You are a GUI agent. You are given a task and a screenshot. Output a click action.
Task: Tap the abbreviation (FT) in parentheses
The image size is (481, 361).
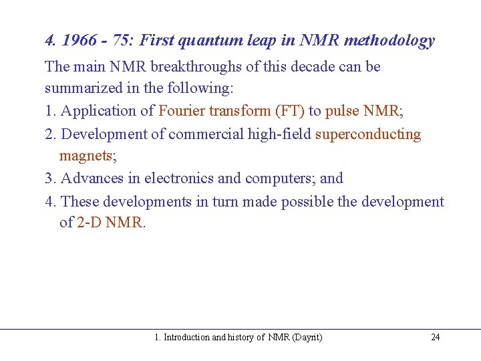pyautogui.click(x=289, y=111)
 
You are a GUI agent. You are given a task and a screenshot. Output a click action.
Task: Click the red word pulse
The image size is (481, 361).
pyautogui.click(x=342, y=111)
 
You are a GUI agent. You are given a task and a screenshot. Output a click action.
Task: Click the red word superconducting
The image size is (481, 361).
pyautogui.click(x=368, y=134)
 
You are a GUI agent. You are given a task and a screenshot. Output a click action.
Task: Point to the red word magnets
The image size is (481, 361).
pyautogui.click(x=86, y=156)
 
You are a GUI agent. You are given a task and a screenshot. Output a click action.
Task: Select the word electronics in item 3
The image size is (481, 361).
pyautogui.click(x=179, y=178)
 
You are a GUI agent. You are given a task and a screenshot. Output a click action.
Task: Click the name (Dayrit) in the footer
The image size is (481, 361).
pyautogui.click(x=307, y=338)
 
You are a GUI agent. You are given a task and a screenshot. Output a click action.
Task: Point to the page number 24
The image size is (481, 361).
pyautogui.click(x=436, y=338)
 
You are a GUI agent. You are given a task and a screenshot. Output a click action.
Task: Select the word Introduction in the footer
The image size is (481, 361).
pyautogui.click(x=186, y=338)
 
